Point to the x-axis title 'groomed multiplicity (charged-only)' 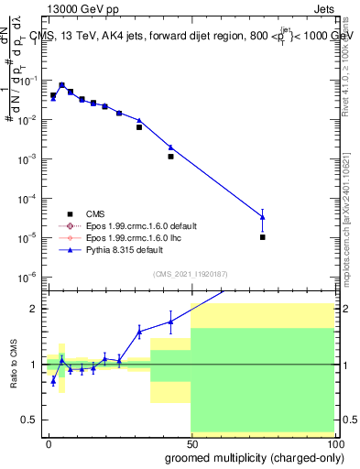(250, 456)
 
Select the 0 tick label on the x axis (49, 443)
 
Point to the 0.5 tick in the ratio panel (29, 420)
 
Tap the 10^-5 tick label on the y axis (28, 237)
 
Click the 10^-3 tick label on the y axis (28, 159)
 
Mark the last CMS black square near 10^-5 (263, 237)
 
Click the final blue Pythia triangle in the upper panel (263, 216)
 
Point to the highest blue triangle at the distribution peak (61, 84)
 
